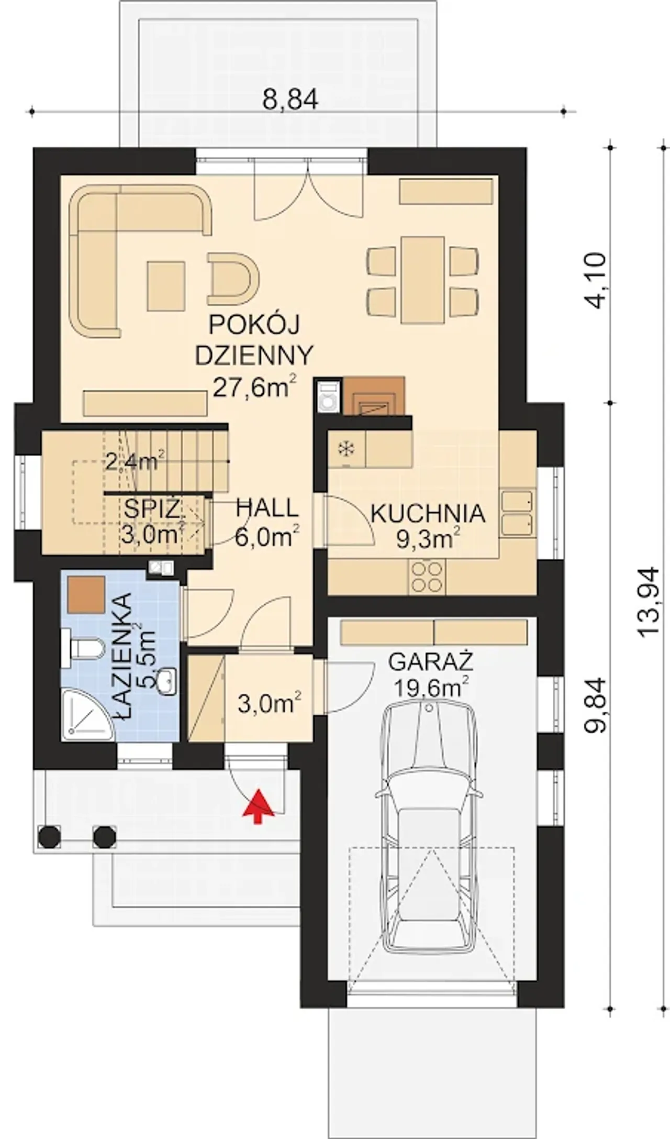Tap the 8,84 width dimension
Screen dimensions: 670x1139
click(x=290, y=99)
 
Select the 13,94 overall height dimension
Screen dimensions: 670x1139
click(x=650, y=600)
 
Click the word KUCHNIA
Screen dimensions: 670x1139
click(x=428, y=514)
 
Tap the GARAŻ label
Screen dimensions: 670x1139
click(x=430, y=662)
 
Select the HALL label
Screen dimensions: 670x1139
click(x=267, y=508)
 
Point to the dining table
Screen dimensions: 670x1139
click(x=423, y=280)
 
